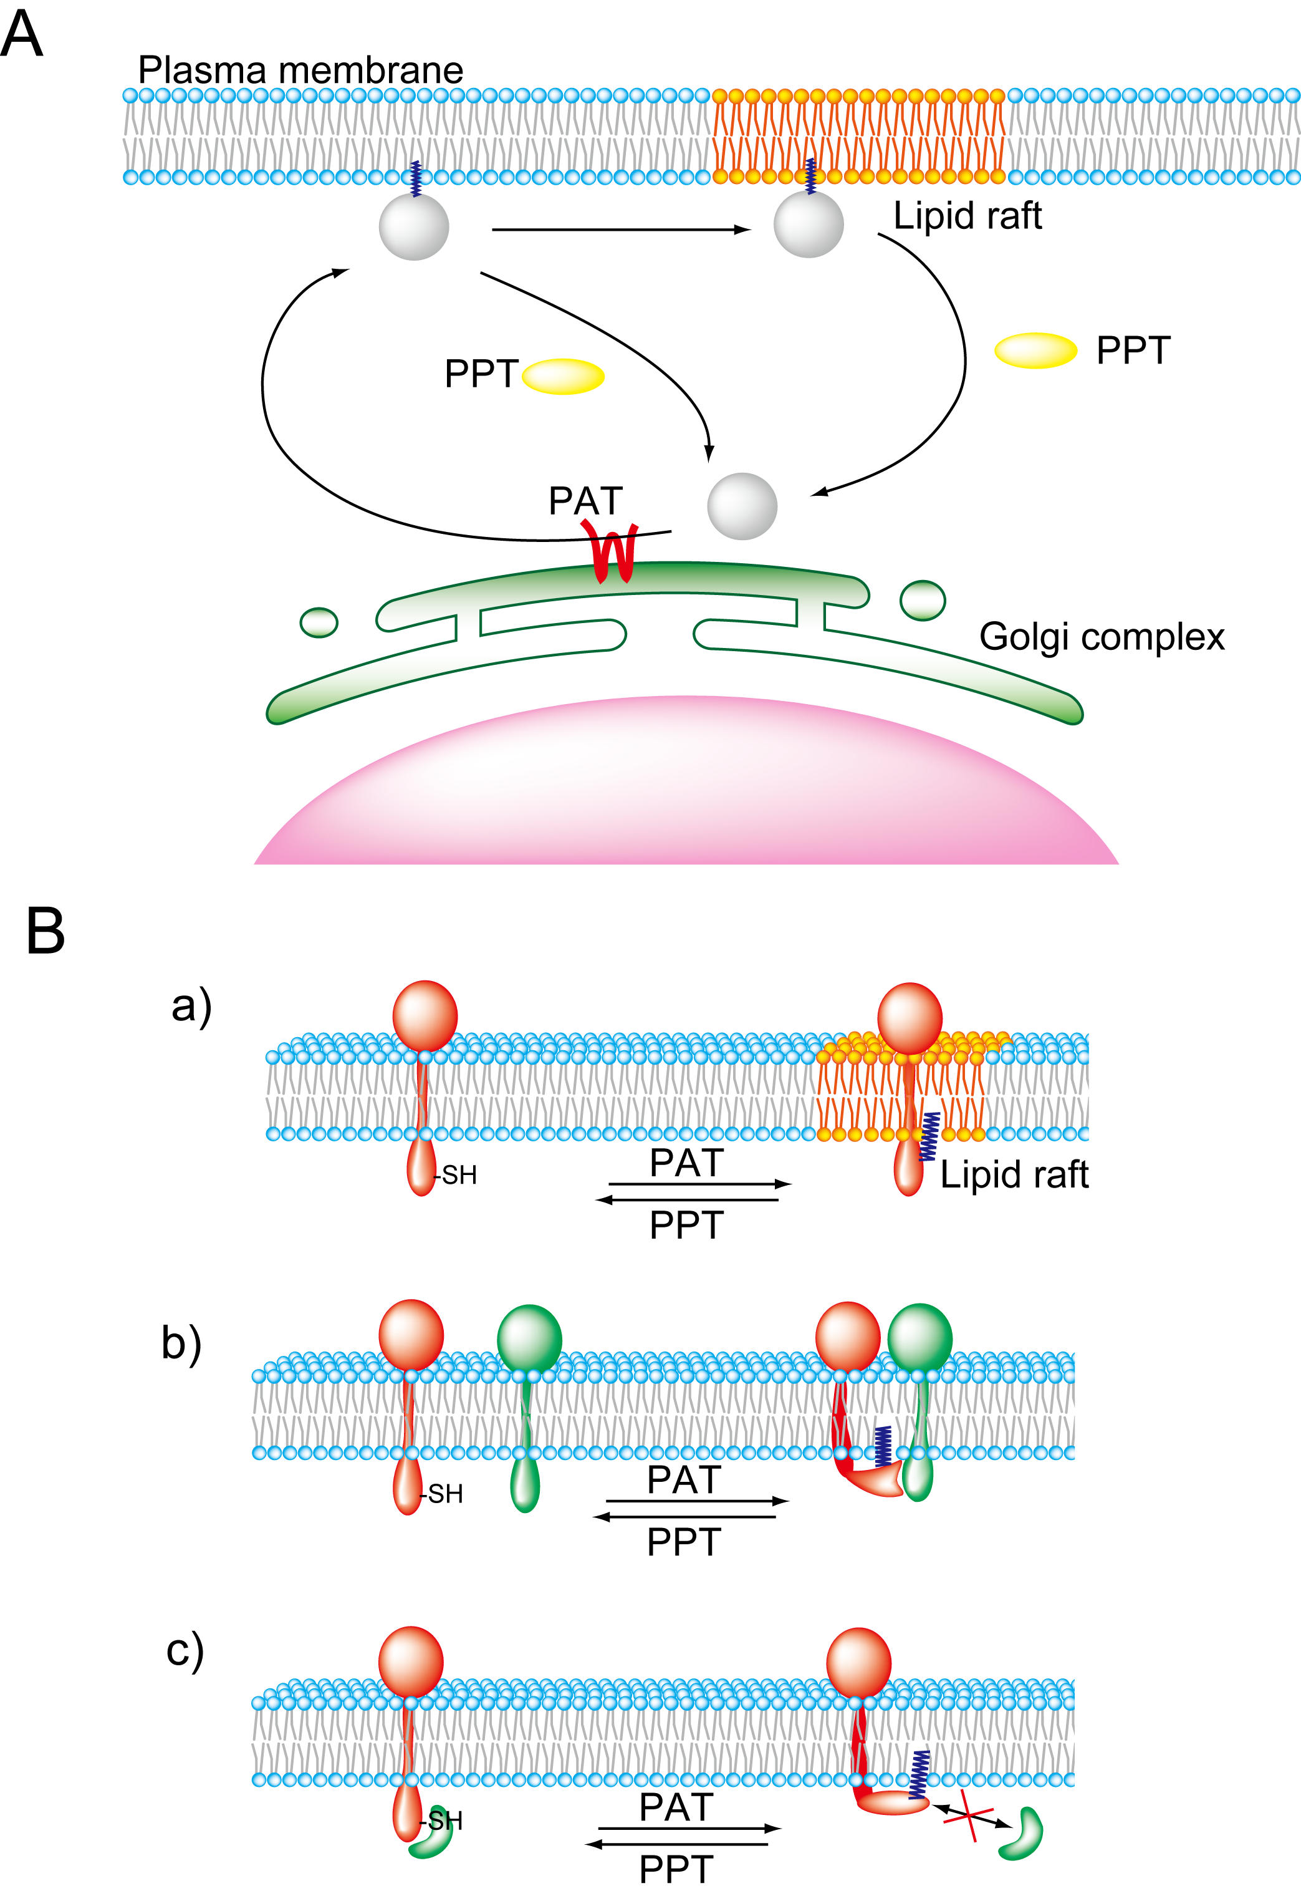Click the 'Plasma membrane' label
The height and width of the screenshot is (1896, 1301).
[x=300, y=70]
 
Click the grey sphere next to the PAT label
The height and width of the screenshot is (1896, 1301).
[x=741, y=506]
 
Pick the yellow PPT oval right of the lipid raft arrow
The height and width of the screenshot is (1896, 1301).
[x=1035, y=351]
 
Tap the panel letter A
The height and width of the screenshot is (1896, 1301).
[x=21, y=34]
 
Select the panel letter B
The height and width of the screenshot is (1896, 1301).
[x=45, y=931]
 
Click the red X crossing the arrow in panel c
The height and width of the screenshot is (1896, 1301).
[x=968, y=1815]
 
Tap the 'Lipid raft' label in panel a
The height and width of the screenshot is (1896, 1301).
[x=1014, y=1175]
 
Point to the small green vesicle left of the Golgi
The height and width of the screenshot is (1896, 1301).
[x=318, y=622]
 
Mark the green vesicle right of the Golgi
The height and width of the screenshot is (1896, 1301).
[x=923, y=601]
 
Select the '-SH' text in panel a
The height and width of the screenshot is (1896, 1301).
[x=458, y=1176]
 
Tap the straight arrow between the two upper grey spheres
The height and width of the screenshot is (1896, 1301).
[x=620, y=230]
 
